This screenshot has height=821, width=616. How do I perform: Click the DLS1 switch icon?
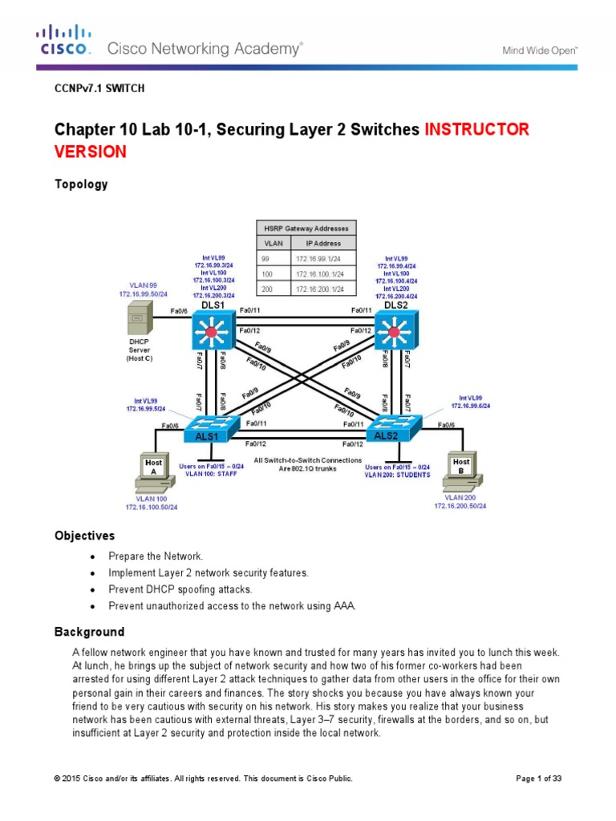coord(212,331)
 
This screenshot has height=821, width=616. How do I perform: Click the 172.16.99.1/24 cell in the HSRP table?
coord(319,259)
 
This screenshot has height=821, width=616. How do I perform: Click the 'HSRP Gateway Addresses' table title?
coord(306,229)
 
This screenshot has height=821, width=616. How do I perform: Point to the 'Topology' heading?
coord(80,184)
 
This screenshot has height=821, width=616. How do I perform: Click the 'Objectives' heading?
coord(84,535)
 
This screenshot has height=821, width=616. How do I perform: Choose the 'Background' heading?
coord(89,632)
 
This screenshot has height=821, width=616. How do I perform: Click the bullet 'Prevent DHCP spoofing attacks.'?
coord(181,589)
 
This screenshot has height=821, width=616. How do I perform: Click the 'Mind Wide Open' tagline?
coord(539,50)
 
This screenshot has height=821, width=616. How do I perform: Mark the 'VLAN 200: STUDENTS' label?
coord(397,474)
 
